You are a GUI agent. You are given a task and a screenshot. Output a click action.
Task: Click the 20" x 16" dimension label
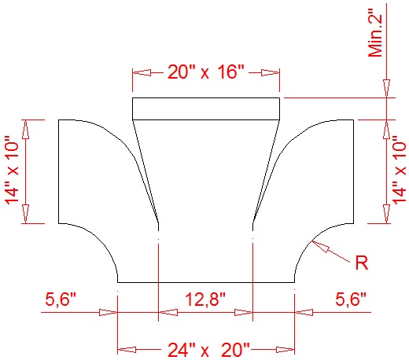[206, 72]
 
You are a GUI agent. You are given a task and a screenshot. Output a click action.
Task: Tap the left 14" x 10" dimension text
[13, 171]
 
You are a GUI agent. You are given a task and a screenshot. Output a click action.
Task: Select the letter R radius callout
[362, 263]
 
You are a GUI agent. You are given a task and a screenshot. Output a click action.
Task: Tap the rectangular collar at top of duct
[206, 108]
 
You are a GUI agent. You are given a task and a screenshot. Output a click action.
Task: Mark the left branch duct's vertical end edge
[60, 171]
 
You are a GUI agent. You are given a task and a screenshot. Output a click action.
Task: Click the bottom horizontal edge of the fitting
[206, 281]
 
